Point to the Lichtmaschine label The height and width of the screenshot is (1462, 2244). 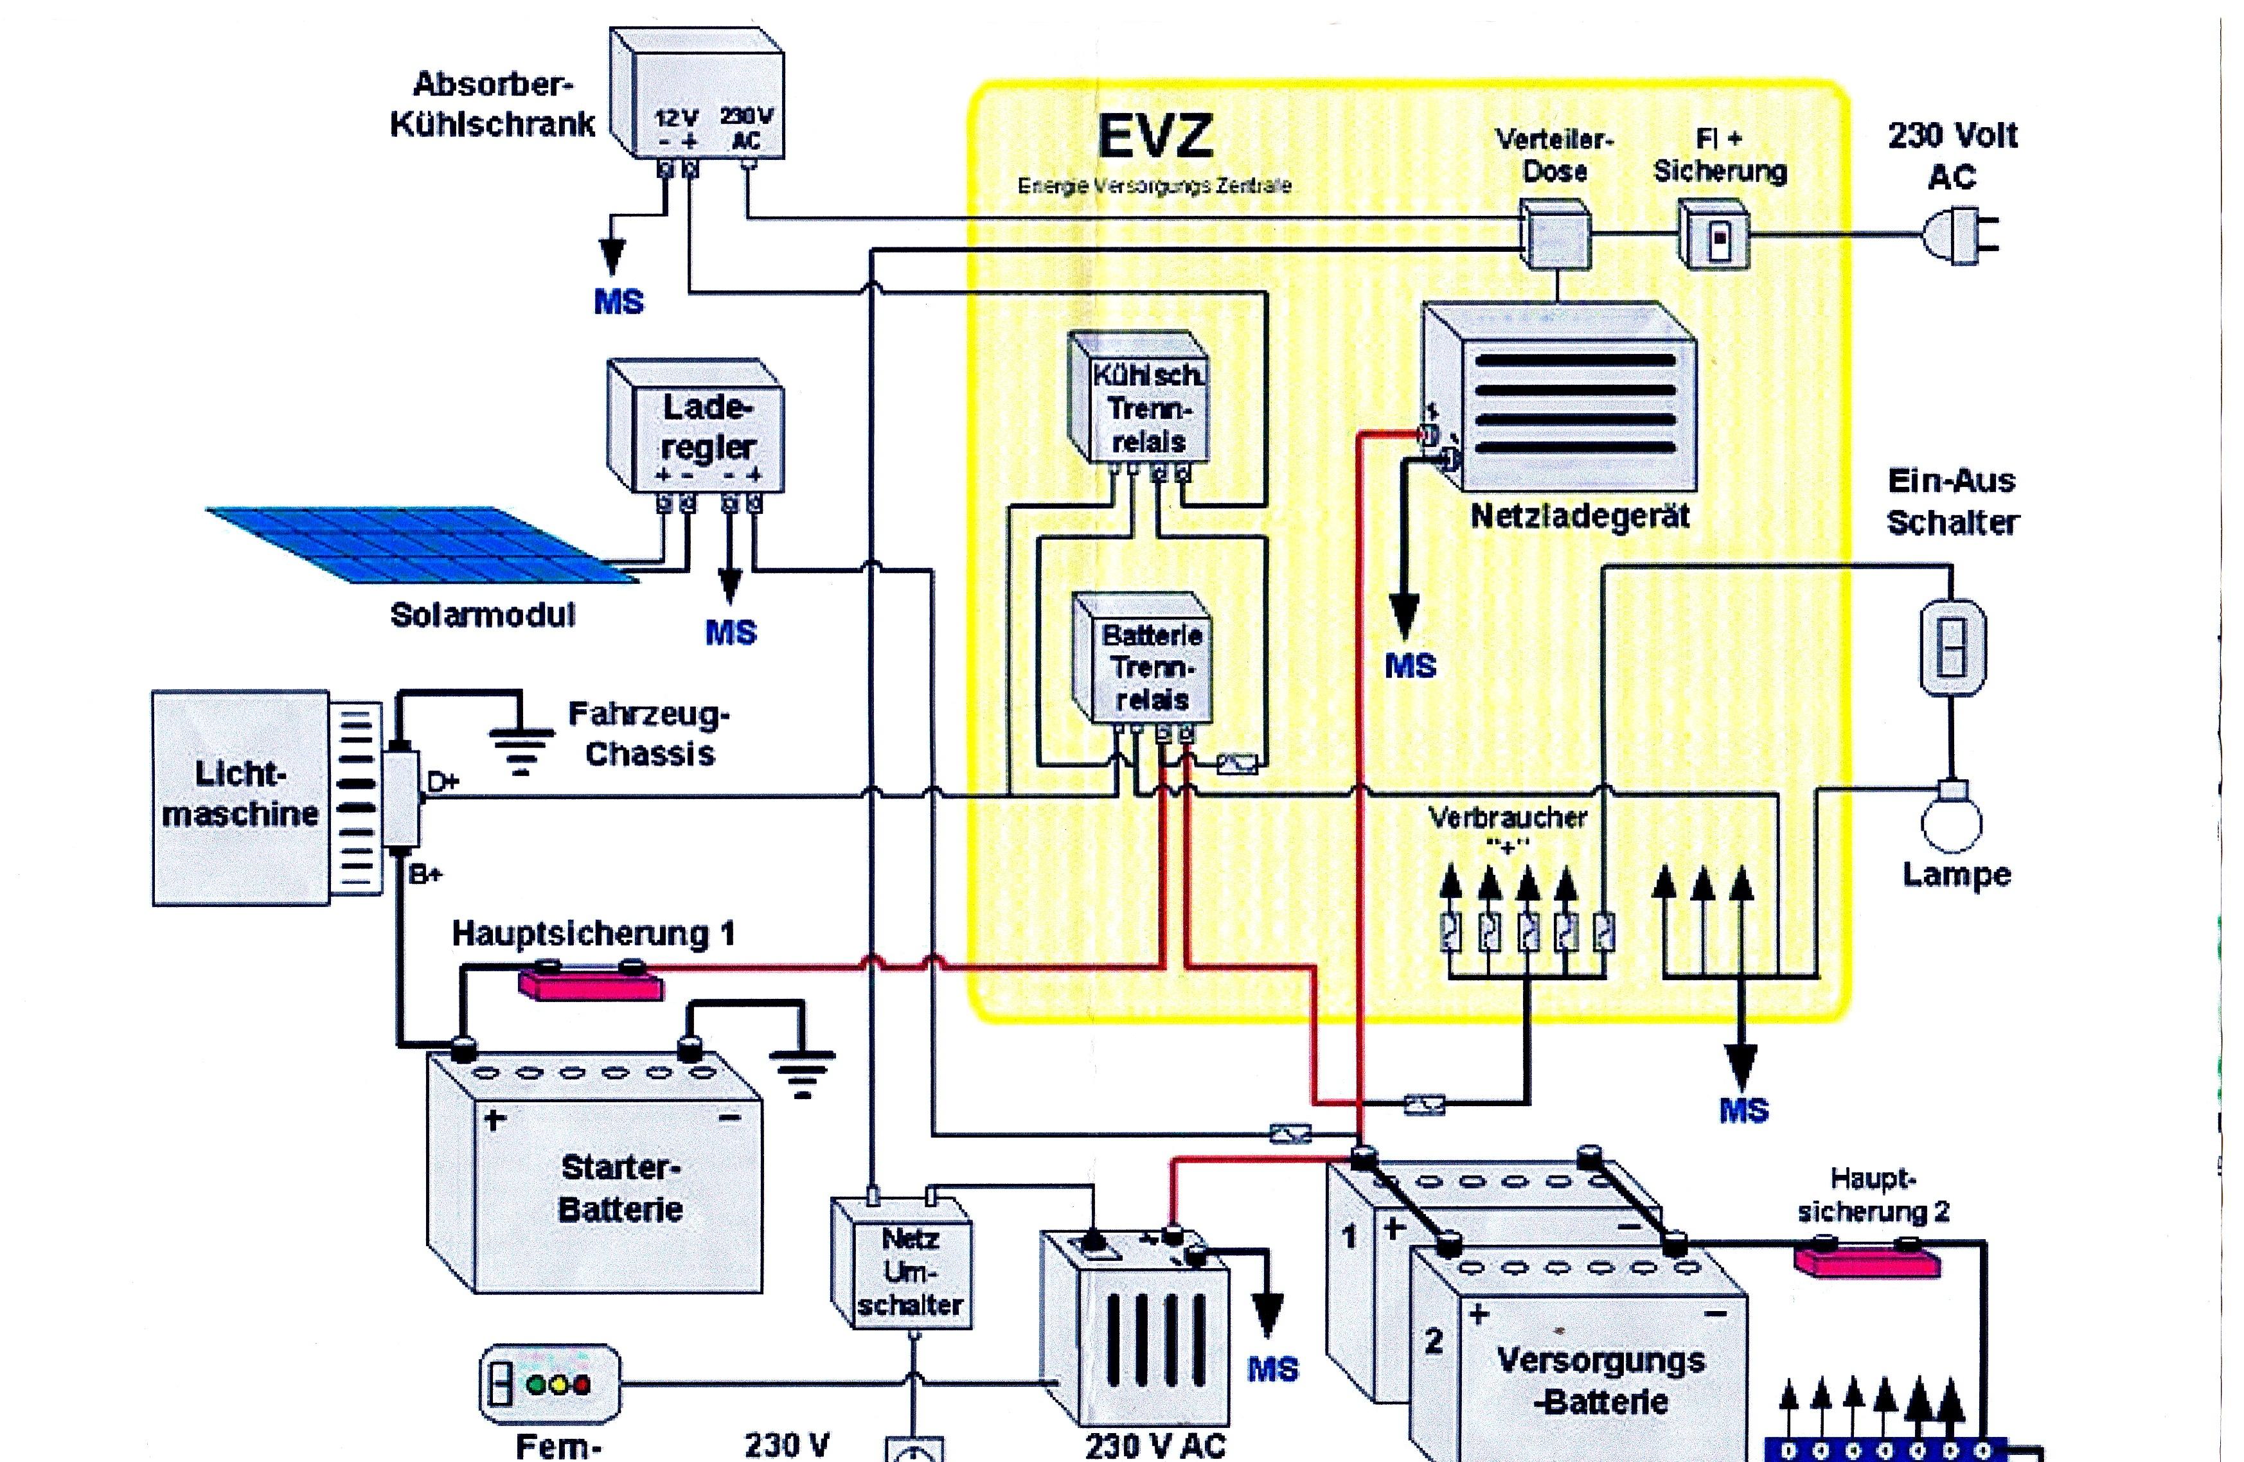(x=240, y=794)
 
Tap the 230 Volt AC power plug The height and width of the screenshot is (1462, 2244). (x=1959, y=234)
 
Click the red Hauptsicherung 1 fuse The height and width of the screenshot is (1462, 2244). (x=591, y=982)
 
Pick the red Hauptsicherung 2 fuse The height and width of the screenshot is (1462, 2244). (x=1867, y=1260)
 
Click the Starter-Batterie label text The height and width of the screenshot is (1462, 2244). (x=620, y=1188)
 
